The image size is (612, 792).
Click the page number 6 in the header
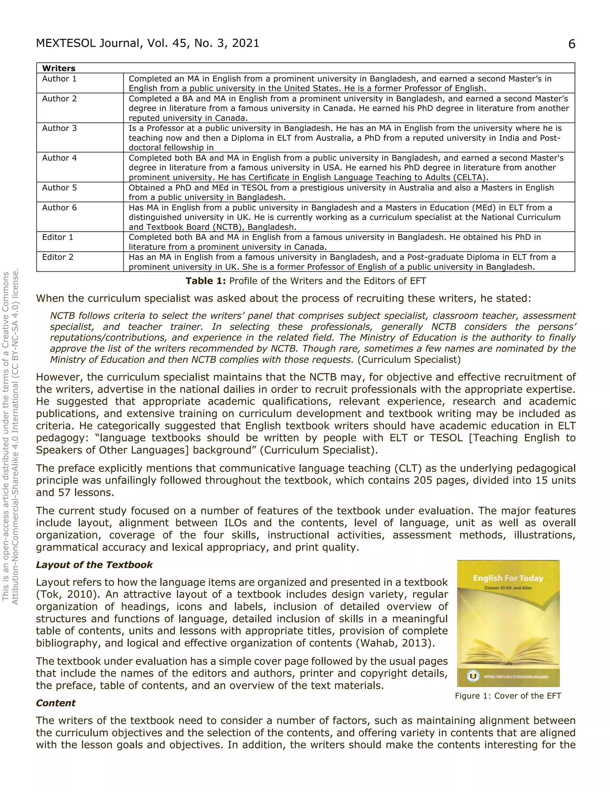click(571, 44)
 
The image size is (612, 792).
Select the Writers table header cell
click(59, 68)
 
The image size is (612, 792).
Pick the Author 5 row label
click(59, 187)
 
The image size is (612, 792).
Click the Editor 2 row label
click(58, 257)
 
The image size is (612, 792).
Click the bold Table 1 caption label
click(206, 281)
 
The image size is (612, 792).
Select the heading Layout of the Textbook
click(94, 565)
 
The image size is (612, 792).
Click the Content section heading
click(56, 703)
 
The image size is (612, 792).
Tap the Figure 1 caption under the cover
click(508, 695)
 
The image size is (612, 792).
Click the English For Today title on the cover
click(508, 578)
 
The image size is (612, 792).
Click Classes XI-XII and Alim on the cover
click(508, 588)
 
